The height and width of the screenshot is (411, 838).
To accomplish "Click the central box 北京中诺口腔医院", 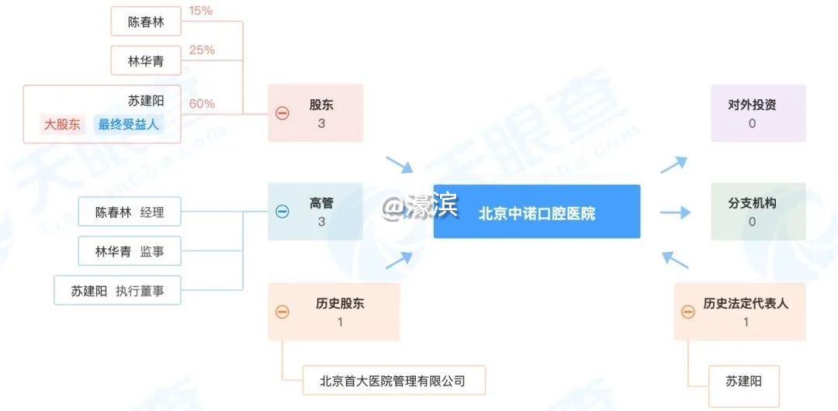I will point(537,212).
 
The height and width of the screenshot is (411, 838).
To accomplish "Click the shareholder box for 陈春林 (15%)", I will point(146,22).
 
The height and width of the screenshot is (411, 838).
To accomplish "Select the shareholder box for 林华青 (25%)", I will point(146,60).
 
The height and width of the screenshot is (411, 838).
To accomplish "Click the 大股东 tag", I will point(62,124).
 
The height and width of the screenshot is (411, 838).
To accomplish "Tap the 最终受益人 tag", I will point(128,124).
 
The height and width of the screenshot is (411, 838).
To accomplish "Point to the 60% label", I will point(202,104).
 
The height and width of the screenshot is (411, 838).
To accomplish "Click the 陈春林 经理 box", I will point(129,212).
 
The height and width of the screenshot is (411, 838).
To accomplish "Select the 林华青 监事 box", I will point(129,251).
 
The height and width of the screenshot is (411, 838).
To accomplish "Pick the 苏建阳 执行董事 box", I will point(117,292).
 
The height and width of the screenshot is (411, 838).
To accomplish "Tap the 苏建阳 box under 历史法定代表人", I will point(743,381).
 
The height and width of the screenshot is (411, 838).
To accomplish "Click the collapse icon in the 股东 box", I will point(282,113).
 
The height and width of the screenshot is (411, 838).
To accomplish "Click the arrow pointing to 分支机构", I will point(674,212).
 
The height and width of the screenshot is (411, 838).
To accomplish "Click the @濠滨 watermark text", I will point(420,206).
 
